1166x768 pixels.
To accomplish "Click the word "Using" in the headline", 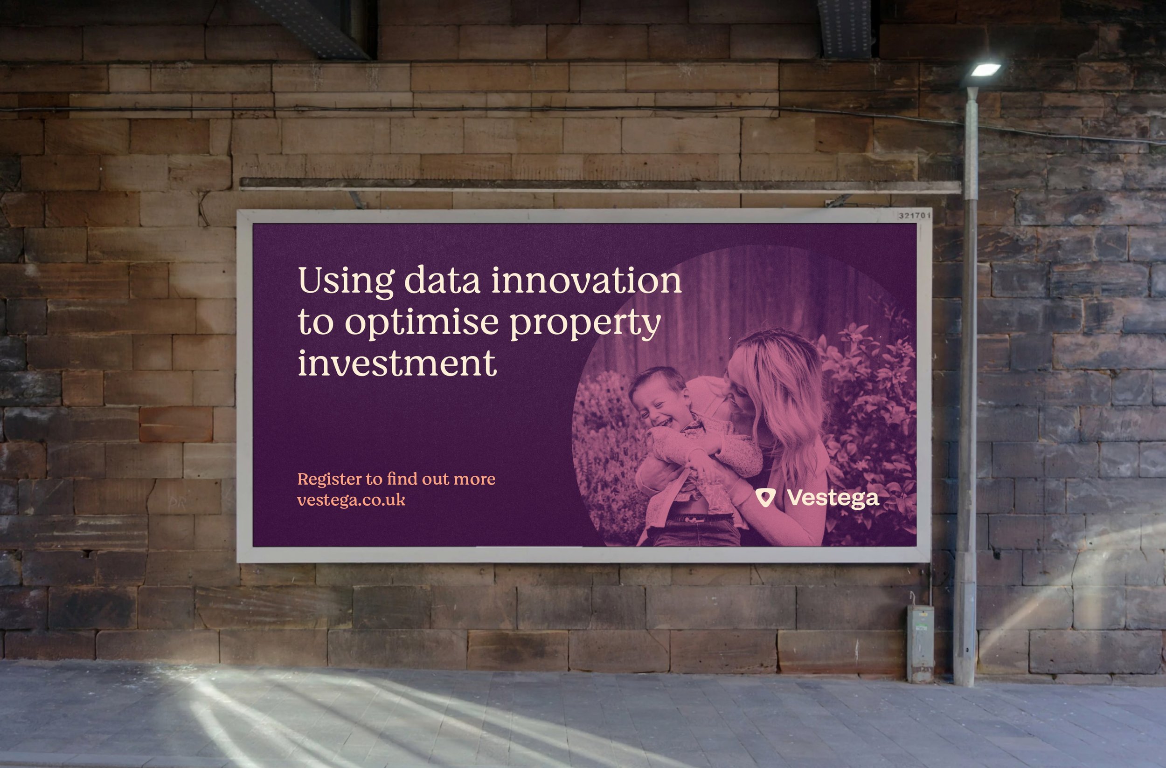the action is tap(346, 281).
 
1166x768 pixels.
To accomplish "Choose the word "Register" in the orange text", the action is tap(329, 480).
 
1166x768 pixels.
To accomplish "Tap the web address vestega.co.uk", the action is tap(351, 500).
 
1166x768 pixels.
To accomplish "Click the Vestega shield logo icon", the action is tap(765, 498).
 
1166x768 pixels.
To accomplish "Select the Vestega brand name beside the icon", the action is tap(833, 499).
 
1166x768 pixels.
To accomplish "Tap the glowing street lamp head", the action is tap(985, 69).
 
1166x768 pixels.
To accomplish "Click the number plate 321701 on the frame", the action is tap(914, 215).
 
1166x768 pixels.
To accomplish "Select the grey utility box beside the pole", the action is tap(920, 643).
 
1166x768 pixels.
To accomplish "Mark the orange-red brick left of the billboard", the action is tap(176, 424).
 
